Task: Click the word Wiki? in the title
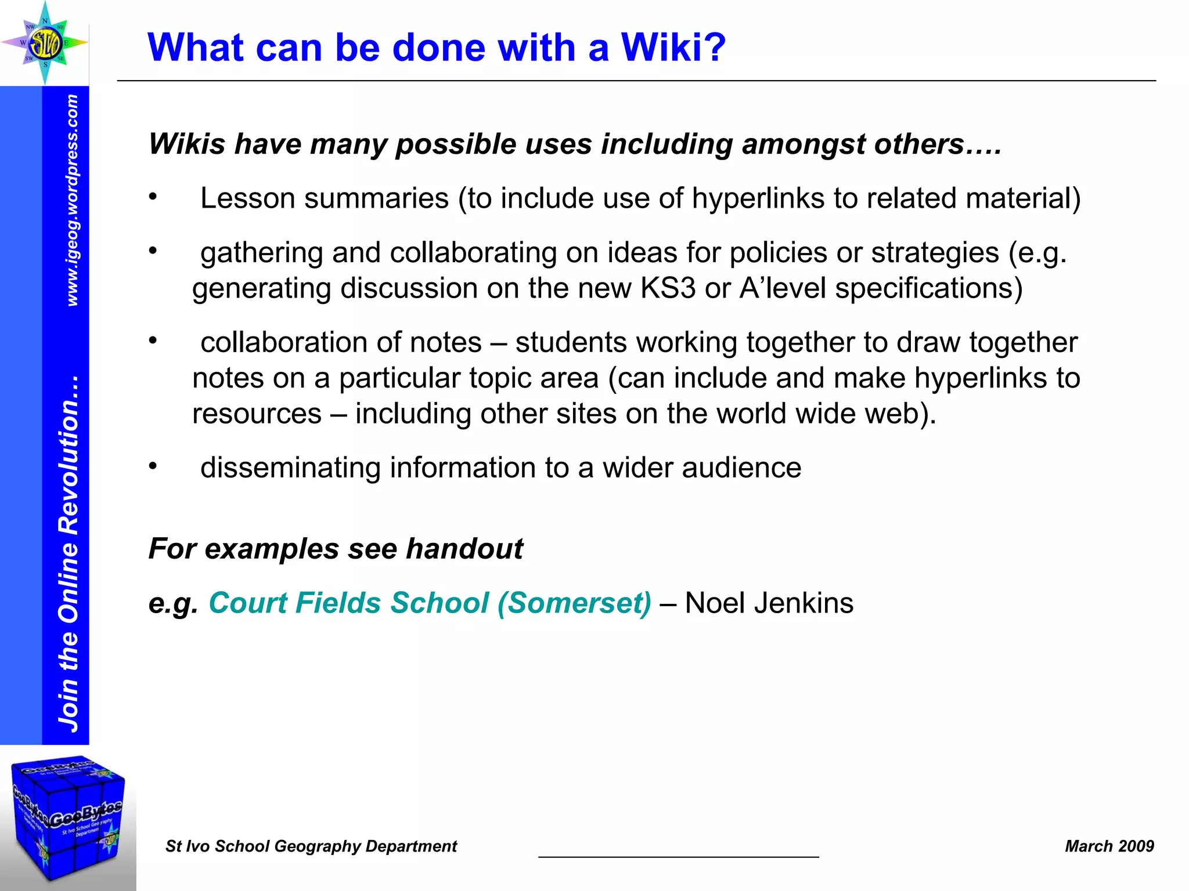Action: coord(673,47)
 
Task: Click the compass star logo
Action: coord(45,42)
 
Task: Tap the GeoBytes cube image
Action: coord(68,818)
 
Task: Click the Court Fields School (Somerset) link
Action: coord(430,603)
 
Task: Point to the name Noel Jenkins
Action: coord(769,603)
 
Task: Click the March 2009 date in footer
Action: coord(1109,846)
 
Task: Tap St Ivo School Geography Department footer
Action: coord(311,846)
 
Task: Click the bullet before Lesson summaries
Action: coord(153,197)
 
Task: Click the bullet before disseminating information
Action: coord(153,466)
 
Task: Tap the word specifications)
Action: coord(928,288)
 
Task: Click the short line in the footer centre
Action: coord(678,856)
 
